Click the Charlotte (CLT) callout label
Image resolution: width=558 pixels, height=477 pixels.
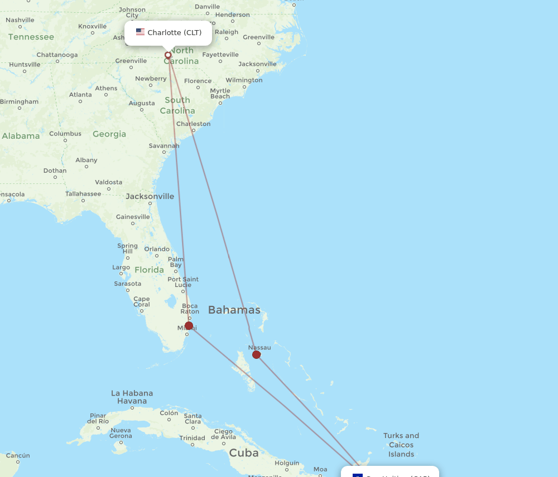pos(169,33)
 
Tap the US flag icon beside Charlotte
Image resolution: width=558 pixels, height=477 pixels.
pos(140,32)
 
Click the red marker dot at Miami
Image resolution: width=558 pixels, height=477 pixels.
pos(189,325)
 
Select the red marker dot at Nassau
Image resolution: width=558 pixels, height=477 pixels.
pos(256,354)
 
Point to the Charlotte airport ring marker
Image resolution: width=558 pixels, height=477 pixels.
pos(168,55)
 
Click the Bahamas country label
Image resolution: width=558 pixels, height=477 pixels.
pos(234,310)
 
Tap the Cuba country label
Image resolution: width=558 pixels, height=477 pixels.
pos(244,452)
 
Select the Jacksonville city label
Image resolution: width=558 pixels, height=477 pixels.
pos(150,196)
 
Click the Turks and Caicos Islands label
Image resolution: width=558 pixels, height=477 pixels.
pos(401,445)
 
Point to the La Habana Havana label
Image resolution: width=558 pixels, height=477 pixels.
pos(132,397)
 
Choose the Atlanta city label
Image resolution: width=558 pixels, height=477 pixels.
pos(80,95)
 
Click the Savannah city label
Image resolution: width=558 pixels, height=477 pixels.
pos(163,146)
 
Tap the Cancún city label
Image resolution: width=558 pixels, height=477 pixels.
pos(18,455)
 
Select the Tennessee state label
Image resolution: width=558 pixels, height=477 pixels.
pos(31,37)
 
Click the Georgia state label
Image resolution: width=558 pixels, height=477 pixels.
pos(109,134)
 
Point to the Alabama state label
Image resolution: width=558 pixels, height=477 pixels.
pos(21,136)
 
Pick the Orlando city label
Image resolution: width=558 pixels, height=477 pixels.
pos(157,249)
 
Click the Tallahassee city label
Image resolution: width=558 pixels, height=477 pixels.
pos(83,194)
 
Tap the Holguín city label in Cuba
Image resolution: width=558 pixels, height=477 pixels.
pos(287,463)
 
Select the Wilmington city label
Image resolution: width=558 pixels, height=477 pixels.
pos(244,80)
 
